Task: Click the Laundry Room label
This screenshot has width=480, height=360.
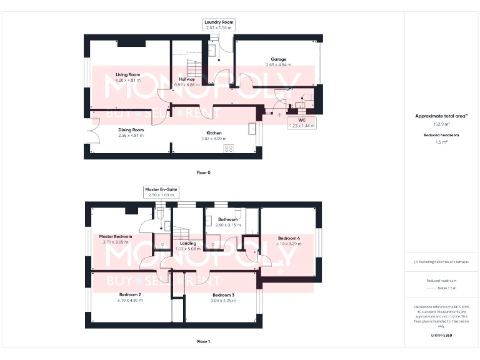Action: [x=219, y=22]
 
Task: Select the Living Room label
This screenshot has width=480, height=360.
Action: [x=127, y=74]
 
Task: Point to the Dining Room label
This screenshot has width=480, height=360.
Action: [x=131, y=130]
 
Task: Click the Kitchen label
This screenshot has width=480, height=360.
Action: [x=214, y=133]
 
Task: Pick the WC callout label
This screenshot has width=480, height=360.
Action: [x=302, y=120]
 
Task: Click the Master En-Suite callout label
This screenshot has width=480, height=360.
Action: [x=161, y=189]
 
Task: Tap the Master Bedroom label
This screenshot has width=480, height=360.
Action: [x=116, y=236]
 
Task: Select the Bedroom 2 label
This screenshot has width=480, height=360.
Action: [x=131, y=294]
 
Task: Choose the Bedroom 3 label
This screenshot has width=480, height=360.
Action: [x=223, y=295]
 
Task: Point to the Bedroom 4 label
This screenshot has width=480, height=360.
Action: [x=289, y=238]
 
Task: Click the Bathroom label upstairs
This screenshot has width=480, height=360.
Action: [x=227, y=219]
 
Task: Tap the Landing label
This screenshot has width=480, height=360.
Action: [x=188, y=243]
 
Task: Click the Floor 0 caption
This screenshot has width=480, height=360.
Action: [x=203, y=172]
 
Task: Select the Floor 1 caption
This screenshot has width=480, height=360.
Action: [x=203, y=342]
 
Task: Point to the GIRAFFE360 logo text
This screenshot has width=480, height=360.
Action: [x=441, y=336]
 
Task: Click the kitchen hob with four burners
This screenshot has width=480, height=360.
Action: [x=228, y=148]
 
